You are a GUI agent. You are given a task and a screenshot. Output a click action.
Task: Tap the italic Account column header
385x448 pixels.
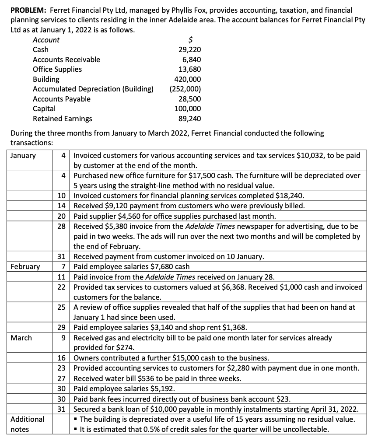46,40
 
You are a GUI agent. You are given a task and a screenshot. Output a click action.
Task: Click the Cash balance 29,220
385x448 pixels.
190,50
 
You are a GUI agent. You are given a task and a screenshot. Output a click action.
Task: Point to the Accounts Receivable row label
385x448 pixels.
66,59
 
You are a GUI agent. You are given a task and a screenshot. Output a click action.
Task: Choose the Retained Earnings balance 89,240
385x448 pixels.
190,119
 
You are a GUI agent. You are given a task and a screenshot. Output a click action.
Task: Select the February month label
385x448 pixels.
25,266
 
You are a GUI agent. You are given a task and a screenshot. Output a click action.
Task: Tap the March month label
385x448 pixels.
21,338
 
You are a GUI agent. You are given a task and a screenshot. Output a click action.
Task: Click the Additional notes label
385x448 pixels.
27,424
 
